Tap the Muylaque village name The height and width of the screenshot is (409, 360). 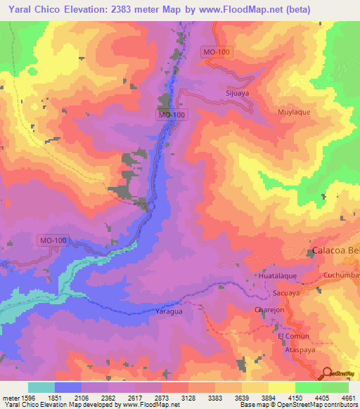tap(293, 112)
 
